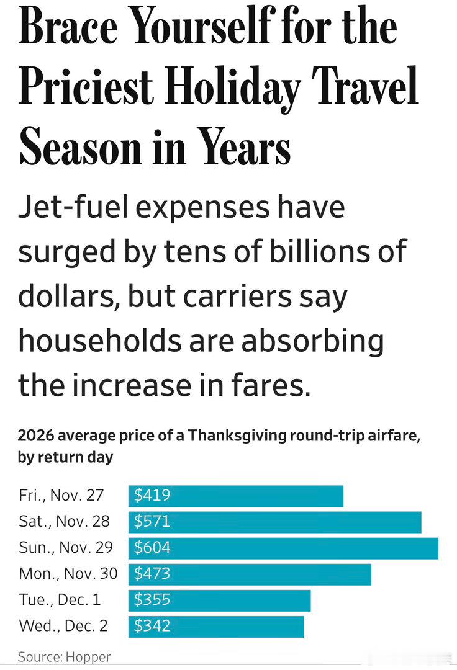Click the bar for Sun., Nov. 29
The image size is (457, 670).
(283, 548)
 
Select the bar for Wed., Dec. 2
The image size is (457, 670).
(216, 627)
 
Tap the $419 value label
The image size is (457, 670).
(152, 495)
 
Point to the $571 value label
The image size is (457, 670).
(152, 521)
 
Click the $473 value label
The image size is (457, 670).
(152, 573)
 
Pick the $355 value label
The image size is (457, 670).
(152, 599)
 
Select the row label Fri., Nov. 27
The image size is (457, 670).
(61, 495)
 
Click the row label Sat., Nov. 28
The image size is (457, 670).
(64, 521)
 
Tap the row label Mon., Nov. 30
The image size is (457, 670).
(68, 573)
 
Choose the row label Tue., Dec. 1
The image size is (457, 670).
(60, 599)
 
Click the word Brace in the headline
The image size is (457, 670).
(68, 25)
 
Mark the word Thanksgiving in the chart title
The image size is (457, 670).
(237, 436)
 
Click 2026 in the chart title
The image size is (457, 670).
(36, 436)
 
